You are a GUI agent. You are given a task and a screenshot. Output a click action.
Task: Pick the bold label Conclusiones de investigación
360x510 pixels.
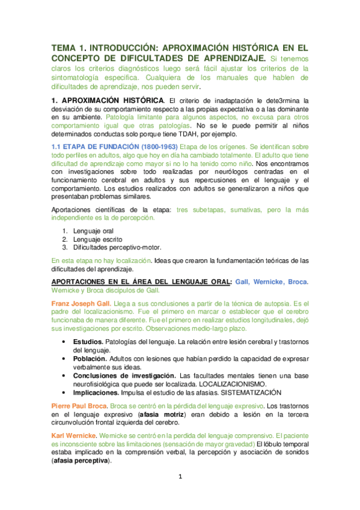click(x=118, y=375)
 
